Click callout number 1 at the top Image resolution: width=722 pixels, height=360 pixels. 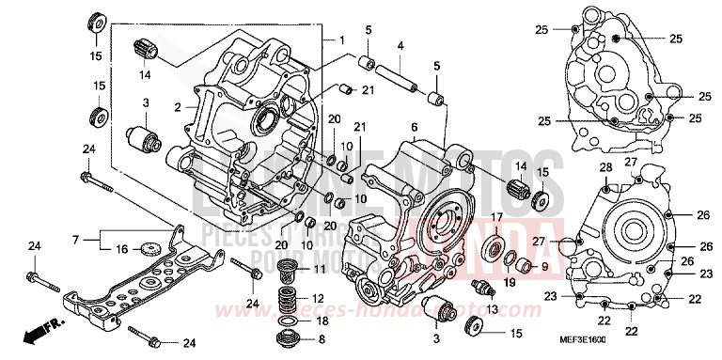click(342, 40)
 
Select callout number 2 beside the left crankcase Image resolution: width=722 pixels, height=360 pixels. click(177, 108)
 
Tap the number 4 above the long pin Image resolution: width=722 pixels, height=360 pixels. click(400, 45)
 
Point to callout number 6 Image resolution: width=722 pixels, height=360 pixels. click(413, 126)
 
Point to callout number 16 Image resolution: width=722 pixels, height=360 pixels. click(122, 249)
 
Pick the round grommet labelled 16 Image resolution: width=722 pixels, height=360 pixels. click(147, 249)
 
